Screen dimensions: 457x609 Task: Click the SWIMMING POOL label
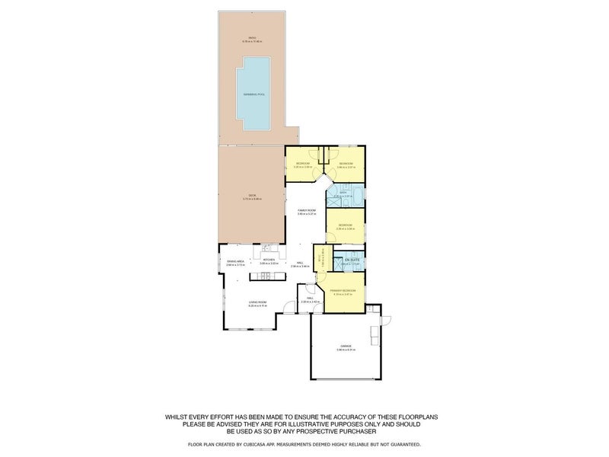pos(253,94)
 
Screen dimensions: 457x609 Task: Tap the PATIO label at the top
pos(252,40)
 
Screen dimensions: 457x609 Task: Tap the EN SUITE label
pos(352,260)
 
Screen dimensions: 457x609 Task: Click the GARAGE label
pos(346,348)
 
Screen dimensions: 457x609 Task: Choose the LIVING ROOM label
pos(257,302)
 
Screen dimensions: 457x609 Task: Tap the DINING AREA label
pos(234,260)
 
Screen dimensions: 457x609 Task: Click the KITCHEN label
pos(268,260)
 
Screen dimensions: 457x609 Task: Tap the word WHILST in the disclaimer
pos(181,417)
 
